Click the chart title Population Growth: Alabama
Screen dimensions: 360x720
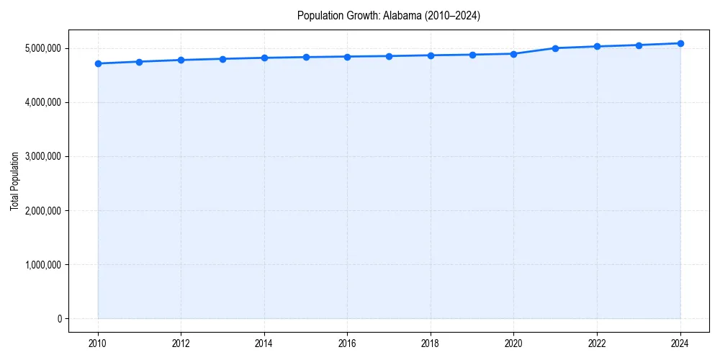coord(389,15)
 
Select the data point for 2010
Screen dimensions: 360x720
coord(98,63)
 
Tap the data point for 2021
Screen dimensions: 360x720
coord(555,48)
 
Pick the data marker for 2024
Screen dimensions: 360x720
coord(680,43)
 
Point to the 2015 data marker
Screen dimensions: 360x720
coord(306,57)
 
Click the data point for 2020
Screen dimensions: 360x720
coord(514,54)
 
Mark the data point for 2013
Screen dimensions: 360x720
coord(222,59)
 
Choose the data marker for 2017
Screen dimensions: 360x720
coord(389,56)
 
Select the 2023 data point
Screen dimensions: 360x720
coord(639,45)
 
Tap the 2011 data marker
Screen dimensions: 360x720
coord(140,62)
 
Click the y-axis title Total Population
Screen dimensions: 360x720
coord(14,181)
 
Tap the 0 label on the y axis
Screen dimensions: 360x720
coord(59,319)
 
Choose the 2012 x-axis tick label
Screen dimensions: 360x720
coord(181,343)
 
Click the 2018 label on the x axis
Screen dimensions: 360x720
coord(431,343)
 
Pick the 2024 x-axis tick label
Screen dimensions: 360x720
coord(680,343)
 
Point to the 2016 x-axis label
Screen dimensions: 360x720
coord(348,343)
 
